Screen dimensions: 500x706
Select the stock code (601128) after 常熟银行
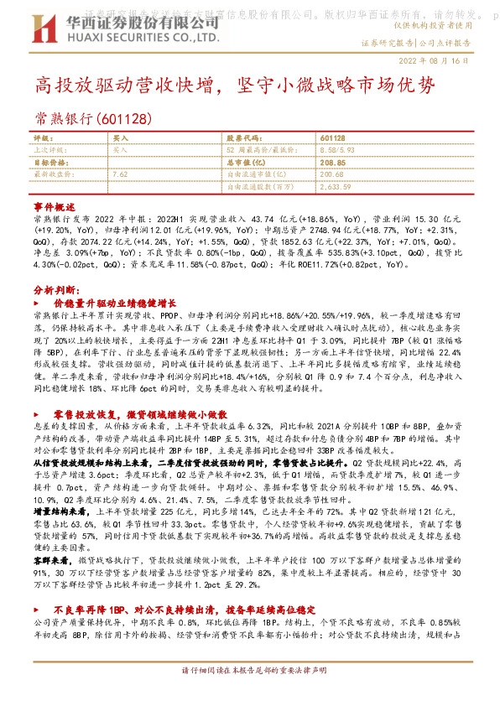coord(123,117)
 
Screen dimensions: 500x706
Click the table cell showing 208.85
coord(332,162)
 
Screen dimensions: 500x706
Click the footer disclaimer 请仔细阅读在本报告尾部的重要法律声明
coord(249,694)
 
